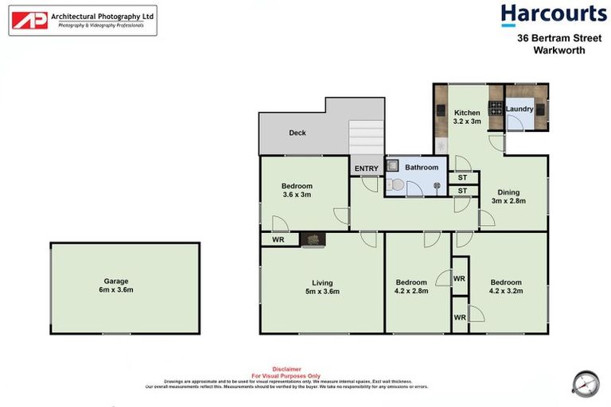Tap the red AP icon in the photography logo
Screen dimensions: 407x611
coord(29,21)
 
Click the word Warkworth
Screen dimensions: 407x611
coord(559,50)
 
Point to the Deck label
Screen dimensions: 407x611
coord(298,133)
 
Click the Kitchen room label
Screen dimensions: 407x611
coord(467,113)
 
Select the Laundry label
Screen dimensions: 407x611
coord(520,108)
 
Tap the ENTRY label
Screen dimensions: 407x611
coord(366,168)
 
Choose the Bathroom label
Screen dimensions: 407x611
coord(422,167)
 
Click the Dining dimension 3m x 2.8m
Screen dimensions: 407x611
coord(508,201)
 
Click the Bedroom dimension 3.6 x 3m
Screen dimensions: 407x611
coord(297,195)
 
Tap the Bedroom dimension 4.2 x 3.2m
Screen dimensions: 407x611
coord(505,291)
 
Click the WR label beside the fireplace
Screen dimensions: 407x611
coord(278,238)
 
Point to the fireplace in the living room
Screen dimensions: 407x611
coord(313,239)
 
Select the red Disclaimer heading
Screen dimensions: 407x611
coord(286,369)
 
